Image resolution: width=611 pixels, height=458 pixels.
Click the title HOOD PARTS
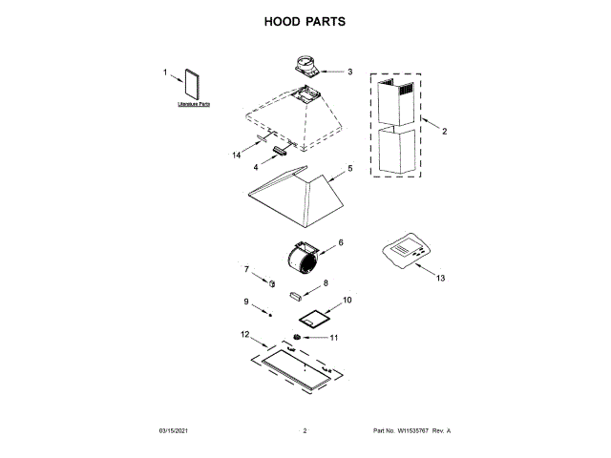[305, 21]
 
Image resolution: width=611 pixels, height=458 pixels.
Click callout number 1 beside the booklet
[165, 72]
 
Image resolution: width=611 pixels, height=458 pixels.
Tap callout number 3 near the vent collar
[349, 72]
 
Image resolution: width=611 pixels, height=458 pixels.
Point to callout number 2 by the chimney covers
[444, 131]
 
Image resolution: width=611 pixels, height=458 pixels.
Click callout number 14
[237, 154]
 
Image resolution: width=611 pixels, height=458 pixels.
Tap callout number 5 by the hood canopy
[349, 168]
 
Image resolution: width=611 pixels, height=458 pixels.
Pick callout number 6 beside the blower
[341, 242]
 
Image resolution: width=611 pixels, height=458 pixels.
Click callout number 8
[325, 283]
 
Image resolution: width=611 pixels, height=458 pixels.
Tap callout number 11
[334, 337]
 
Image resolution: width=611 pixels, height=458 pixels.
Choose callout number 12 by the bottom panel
[244, 335]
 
